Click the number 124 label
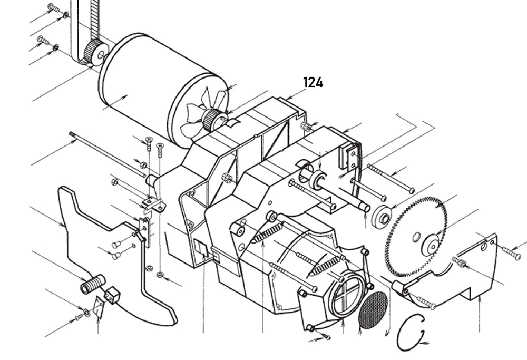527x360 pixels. (x=313, y=83)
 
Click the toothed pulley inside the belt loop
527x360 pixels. (x=96, y=52)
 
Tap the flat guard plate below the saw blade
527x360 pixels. (x=464, y=274)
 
